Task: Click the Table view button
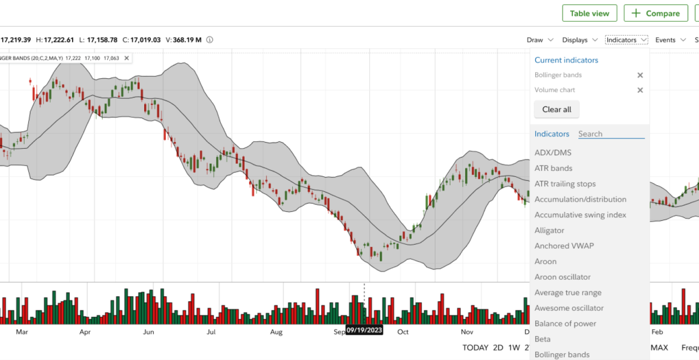click(x=589, y=13)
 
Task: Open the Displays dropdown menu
click(x=580, y=40)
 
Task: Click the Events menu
click(x=671, y=40)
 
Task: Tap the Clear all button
click(x=556, y=109)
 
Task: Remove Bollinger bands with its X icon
click(x=640, y=75)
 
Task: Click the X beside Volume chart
click(x=640, y=90)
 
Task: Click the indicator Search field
click(x=611, y=134)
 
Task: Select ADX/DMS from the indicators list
click(x=553, y=152)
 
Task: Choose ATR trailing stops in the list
click(x=565, y=184)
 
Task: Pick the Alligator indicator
click(x=549, y=231)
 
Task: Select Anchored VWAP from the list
click(x=564, y=246)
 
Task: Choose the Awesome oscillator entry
click(x=569, y=308)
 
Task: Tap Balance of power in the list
click(x=565, y=323)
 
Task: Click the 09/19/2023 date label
click(x=364, y=331)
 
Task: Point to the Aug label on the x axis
click(x=276, y=332)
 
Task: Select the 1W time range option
click(x=513, y=347)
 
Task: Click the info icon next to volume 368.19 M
click(x=210, y=40)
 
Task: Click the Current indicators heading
click(x=566, y=60)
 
